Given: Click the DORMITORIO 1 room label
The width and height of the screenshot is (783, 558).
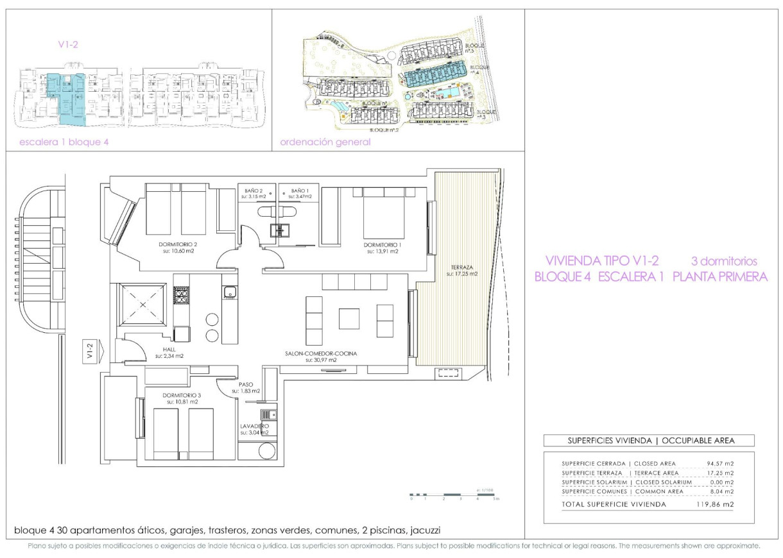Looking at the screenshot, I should click(381, 244).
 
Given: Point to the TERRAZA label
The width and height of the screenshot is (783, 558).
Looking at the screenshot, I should click(461, 267).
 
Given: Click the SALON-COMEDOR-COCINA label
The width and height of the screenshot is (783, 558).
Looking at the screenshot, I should click(321, 353).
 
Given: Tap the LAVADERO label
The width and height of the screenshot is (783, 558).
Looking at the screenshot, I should click(254, 426).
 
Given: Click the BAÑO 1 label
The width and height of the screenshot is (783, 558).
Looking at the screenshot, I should click(299, 190).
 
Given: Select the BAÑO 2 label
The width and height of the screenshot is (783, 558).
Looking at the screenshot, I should click(254, 190).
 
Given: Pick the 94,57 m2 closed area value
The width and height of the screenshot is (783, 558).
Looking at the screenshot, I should click(719, 463).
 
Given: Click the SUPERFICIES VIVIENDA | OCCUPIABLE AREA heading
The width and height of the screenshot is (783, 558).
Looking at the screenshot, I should click(648, 441).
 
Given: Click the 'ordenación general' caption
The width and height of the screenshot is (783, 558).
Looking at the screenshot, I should click(325, 142).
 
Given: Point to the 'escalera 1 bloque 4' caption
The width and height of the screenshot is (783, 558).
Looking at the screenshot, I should click(60, 142).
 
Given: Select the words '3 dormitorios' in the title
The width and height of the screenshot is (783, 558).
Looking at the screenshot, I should click(723, 261).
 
